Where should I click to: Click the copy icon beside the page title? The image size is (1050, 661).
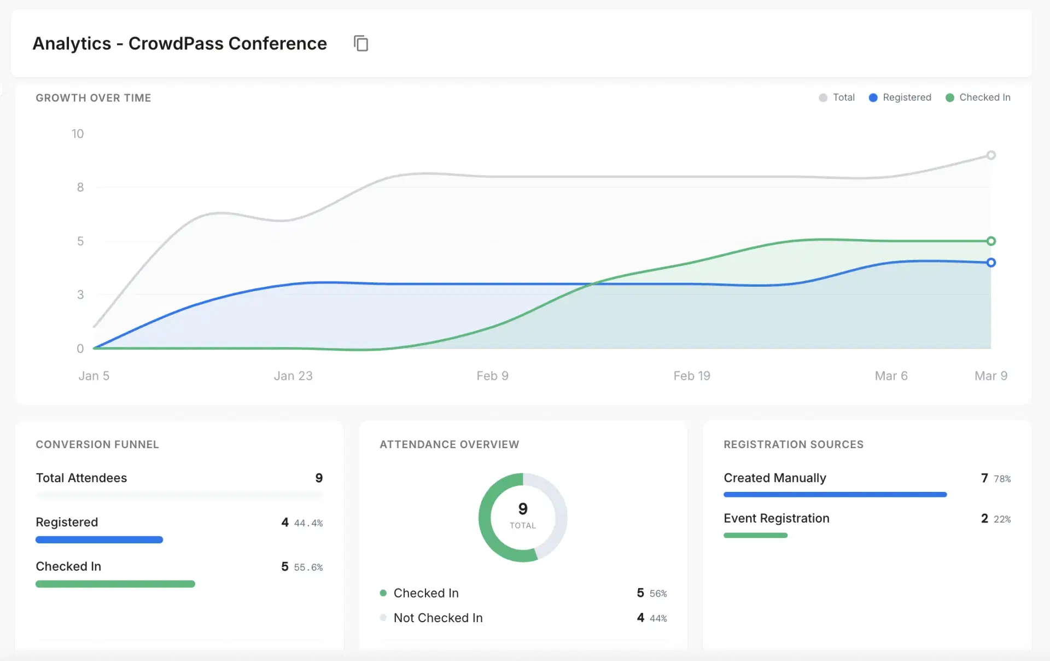(x=361, y=43)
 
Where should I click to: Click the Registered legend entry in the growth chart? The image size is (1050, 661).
(x=900, y=97)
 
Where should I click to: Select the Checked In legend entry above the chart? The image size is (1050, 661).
(x=978, y=97)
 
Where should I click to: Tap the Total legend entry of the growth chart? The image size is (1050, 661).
(x=837, y=97)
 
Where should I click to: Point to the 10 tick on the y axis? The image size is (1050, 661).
(x=78, y=134)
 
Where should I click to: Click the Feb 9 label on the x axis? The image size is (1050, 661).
(x=492, y=376)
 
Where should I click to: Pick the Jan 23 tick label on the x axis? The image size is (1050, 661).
(x=293, y=376)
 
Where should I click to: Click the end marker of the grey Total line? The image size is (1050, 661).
(x=991, y=155)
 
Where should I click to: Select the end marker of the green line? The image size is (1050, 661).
(x=991, y=241)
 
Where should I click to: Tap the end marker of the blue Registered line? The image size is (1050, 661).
(x=991, y=263)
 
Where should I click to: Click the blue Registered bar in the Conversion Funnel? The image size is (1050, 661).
(x=99, y=540)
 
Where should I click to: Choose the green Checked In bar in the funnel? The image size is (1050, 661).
(x=115, y=584)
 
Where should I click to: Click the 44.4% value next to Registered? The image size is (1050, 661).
(x=308, y=523)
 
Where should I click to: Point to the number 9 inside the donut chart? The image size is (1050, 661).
(x=523, y=509)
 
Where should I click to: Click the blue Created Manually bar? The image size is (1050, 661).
(x=835, y=495)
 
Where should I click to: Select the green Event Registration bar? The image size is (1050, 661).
(x=755, y=535)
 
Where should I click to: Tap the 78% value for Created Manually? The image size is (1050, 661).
(x=1002, y=479)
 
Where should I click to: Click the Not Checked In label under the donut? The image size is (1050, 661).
(x=438, y=618)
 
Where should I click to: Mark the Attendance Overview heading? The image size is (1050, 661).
(x=449, y=444)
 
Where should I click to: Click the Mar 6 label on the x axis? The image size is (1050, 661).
(x=891, y=376)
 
